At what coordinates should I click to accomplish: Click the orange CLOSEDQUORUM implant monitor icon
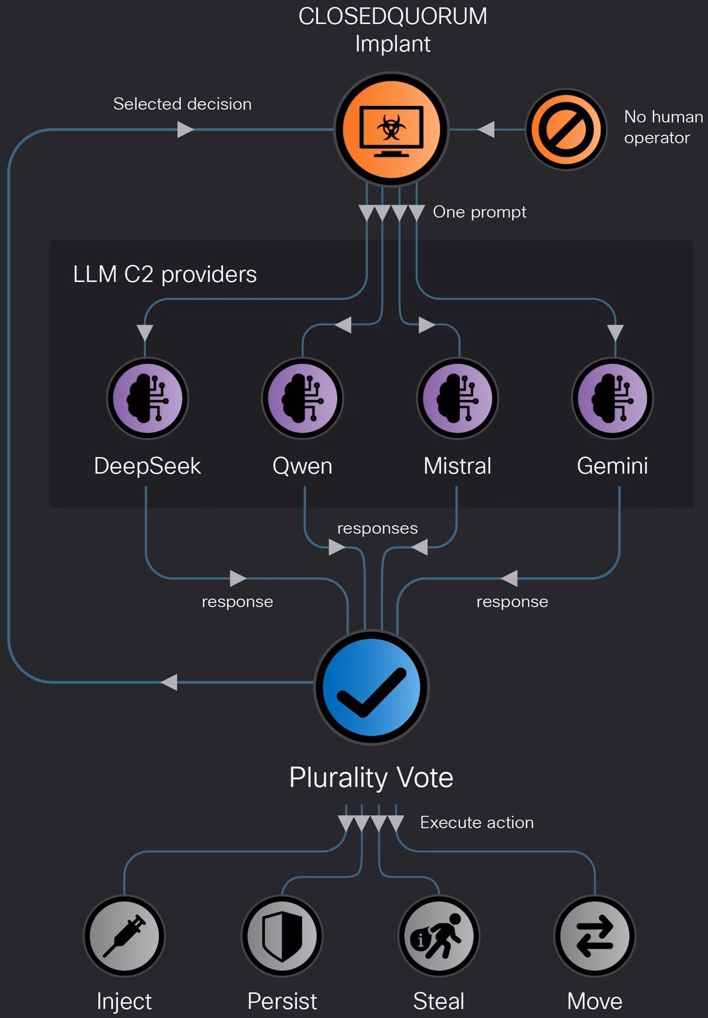click(391, 129)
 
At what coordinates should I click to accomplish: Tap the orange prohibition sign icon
click(566, 129)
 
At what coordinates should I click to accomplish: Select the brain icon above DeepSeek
click(147, 398)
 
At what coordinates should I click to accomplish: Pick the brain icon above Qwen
click(303, 398)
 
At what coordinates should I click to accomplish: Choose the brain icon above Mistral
click(457, 398)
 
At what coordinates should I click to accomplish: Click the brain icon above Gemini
click(613, 398)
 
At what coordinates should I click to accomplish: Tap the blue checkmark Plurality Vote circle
click(371, 687)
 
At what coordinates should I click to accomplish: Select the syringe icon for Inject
click(124, 936)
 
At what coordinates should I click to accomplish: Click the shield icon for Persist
click(282, 936)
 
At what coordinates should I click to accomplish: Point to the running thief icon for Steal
click(439, 936)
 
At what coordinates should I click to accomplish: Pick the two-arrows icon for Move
click(595, 936)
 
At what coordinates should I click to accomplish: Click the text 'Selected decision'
click(183, 104)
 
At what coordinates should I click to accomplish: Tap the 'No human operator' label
click(663, 127)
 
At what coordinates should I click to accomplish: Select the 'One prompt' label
click(479, 212)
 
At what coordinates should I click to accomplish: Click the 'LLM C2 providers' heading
click(165, 274)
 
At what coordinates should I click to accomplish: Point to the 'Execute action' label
click(477, 822)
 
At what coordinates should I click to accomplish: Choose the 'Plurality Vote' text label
click(371, 777)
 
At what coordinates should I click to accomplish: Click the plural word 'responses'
click(377, 528)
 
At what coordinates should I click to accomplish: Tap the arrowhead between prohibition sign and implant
click(486, 129)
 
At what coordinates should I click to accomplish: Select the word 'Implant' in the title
click(393, 44)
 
